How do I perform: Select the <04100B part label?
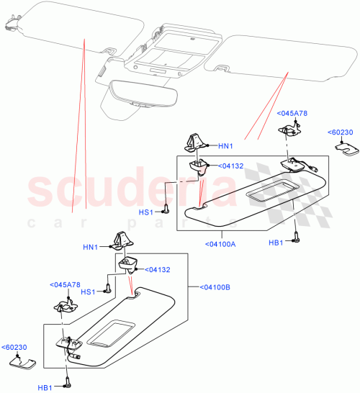[x=213, y=288]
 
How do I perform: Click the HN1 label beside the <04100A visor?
[x=226, y=146]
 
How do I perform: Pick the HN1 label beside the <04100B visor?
[x=90, y=248]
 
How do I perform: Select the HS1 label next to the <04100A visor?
[x=145, y=212]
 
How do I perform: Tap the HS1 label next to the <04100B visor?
[x=89, y=292]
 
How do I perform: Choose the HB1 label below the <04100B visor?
[x=46, y=387]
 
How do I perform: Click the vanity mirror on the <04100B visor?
[x=109, y=333]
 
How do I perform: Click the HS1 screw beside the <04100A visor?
[x=166, y=210]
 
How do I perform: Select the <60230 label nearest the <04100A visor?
[x=339, y=132]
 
